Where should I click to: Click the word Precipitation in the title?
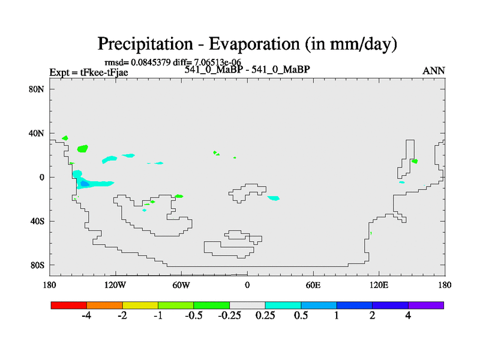click(x=145, y=44)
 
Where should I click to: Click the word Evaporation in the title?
click(x=254, y=44)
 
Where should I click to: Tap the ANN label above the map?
click(x=433, y=71)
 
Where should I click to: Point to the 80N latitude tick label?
click(x=37, y=89)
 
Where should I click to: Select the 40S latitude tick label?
click(x=37, y=221)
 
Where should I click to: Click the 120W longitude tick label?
click(x=115, y=286)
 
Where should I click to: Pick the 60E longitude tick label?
click(x=313, y=286)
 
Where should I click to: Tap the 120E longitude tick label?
click(x=379, y=286)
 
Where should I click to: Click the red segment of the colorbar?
click(x=69, y=305)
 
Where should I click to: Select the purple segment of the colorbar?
click(x=426, y=305)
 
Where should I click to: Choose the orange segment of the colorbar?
click(x=104, y=305)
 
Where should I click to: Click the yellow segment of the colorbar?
click(x=140, y=305)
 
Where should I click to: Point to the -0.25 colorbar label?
click(x=229, y=316)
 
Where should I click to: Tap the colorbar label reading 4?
click(x=408, y=316)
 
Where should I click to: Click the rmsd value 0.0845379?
click(x=151, y=62)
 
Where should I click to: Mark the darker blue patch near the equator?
click(x=85, y=184)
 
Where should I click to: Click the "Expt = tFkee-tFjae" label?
click(x=89, y=73)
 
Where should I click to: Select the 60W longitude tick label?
click(x=181, y=286)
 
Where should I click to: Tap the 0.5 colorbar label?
click(x=301, y=316)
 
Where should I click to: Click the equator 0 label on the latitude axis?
click(x=41, y=177)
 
